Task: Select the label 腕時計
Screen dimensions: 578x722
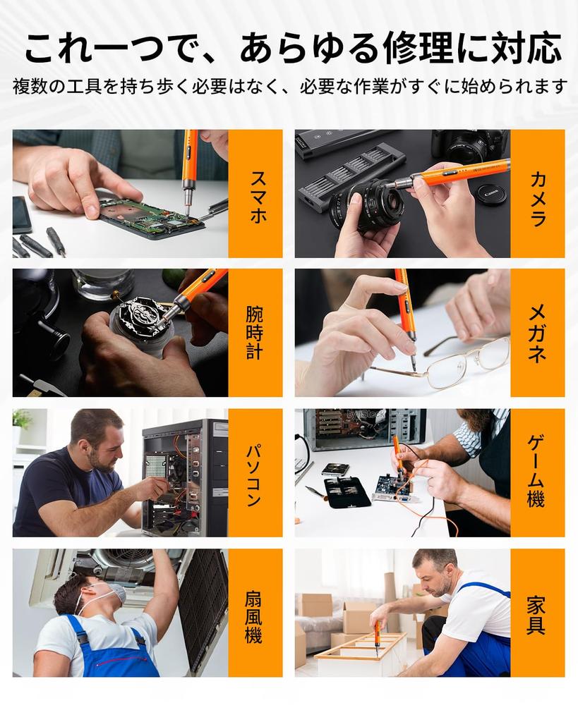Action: click(x=255, y=333)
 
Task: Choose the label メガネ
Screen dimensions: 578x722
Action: click(x=537, y=334)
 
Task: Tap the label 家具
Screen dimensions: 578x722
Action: click(x=536, y=615)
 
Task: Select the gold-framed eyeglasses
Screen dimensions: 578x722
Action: click(x=442, y=364)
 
